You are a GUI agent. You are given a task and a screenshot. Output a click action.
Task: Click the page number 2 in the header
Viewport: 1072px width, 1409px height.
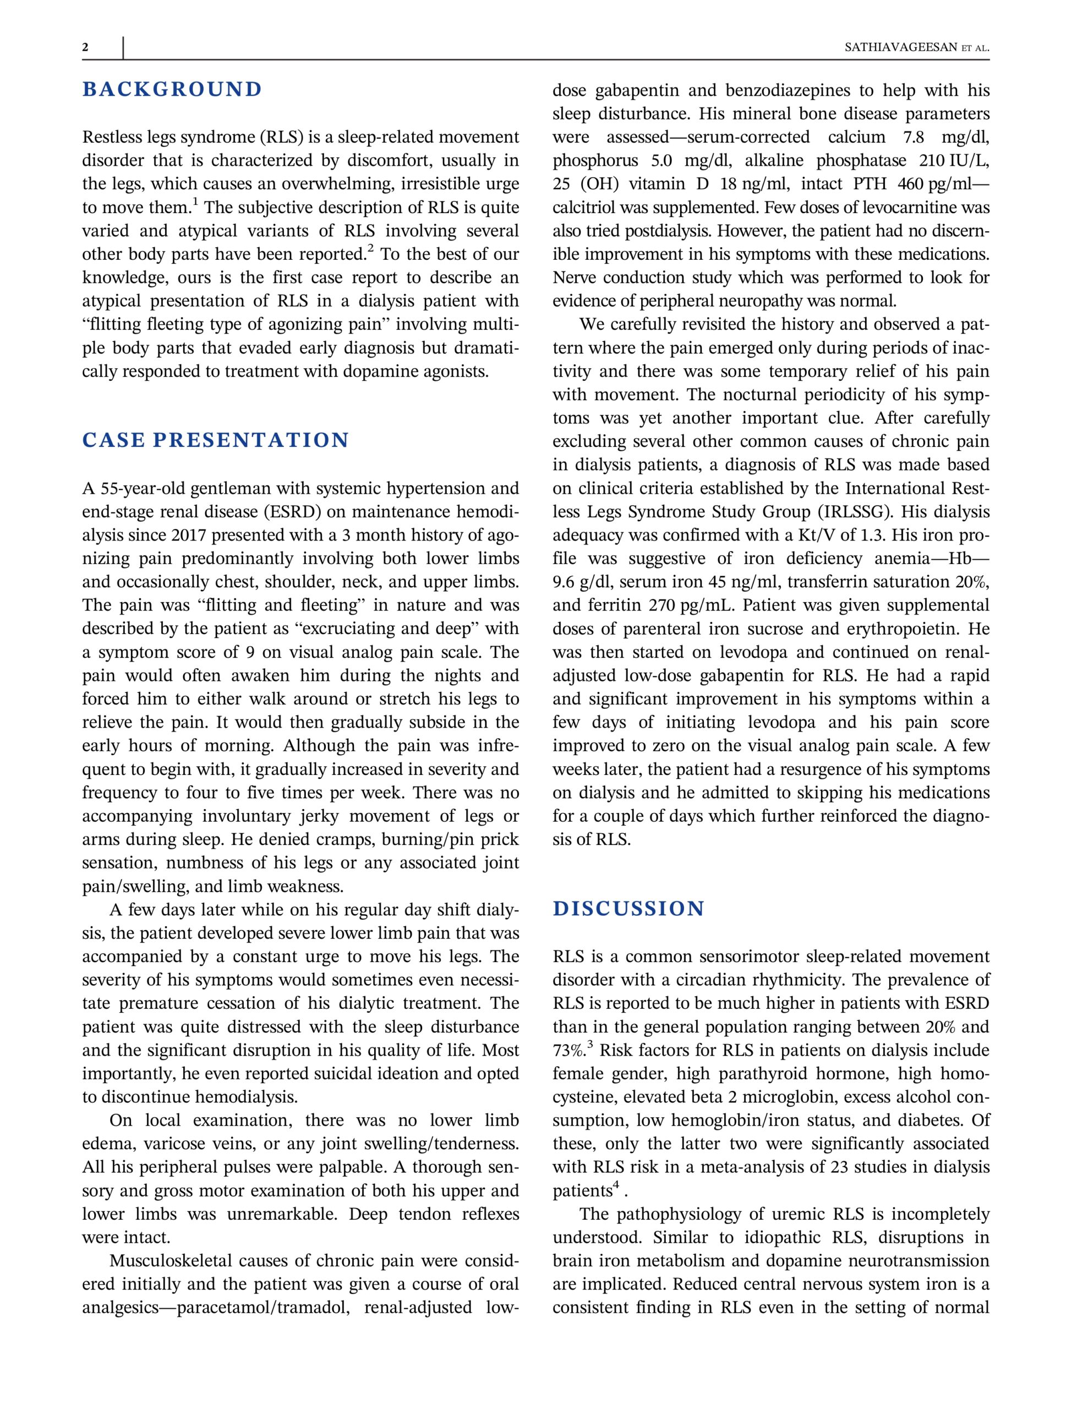click(x=85, y=47)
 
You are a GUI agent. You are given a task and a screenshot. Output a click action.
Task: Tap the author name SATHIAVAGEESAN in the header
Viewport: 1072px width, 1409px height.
click(x=899, y=48)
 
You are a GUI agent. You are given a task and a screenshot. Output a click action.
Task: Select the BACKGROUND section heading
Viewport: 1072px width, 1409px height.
click(x=172, y=89)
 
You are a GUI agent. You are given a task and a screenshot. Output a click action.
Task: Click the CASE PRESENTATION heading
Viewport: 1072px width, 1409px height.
click(x=216, y=440)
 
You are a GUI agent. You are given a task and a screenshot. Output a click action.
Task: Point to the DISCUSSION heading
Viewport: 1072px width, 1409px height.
click(x=628, y=909)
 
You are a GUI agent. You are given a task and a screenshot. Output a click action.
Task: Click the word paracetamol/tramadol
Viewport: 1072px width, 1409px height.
click(x=263, y=1308)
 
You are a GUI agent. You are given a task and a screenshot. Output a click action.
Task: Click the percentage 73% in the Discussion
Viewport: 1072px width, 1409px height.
click(x=568, y=1050)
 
